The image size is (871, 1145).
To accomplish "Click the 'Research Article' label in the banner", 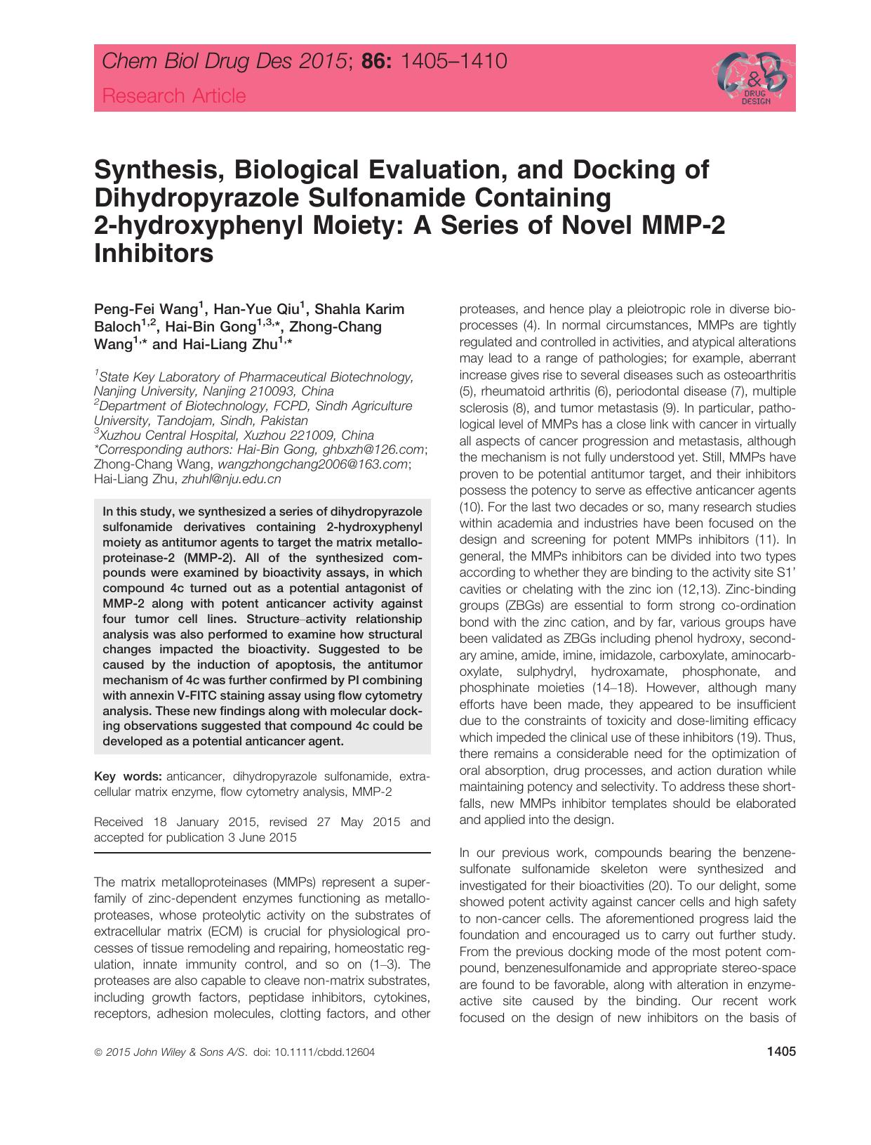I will (174, 96).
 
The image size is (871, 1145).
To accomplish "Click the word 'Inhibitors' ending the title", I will (154, 253).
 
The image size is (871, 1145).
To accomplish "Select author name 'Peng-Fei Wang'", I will (147, 310).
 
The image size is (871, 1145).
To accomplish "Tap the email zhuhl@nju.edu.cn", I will (231, 480).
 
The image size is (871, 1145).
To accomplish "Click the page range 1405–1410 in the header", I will (453, 63).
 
